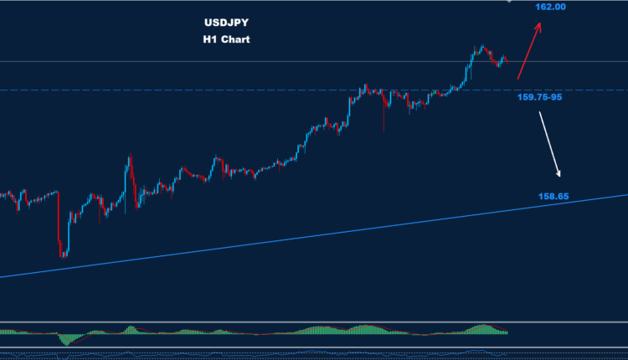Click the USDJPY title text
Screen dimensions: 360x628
(224, 24)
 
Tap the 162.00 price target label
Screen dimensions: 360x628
(552, 8)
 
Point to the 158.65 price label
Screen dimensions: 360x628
(553, 197)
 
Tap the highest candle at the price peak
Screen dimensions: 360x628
(482, 48)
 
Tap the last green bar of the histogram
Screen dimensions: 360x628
(507, 333)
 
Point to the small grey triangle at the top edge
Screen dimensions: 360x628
(510, 2)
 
